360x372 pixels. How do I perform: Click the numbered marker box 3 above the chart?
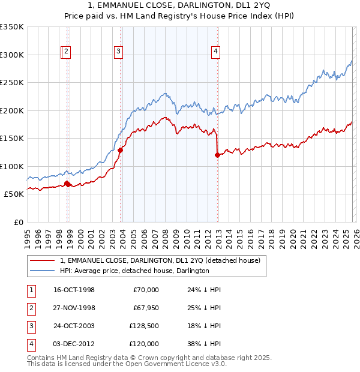(119, 52)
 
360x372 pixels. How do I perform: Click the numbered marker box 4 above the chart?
(215, 52)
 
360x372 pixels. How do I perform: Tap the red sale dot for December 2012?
(217, 155)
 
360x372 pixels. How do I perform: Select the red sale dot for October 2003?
(121, 151)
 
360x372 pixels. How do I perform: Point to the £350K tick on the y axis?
(13, 27)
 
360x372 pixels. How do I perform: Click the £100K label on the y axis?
(13, 166)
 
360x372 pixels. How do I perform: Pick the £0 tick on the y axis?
(18, 222)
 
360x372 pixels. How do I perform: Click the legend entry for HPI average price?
(134, 271)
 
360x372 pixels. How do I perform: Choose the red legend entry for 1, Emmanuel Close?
(160, 260)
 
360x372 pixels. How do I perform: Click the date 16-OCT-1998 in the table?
(74, 290)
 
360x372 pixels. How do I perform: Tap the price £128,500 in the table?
(143, 326)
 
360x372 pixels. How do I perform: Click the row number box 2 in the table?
(31, 308)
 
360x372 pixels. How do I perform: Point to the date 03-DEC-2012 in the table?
(74, 344)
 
